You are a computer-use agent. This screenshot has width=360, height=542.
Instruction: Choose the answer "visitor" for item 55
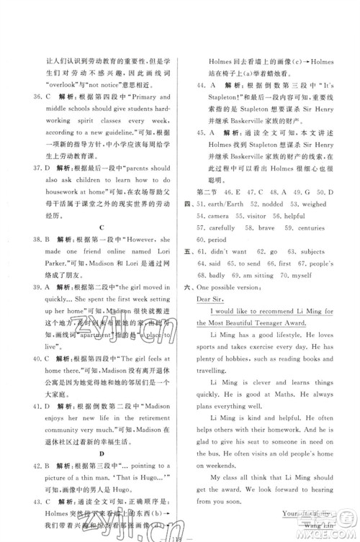[278, 217]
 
